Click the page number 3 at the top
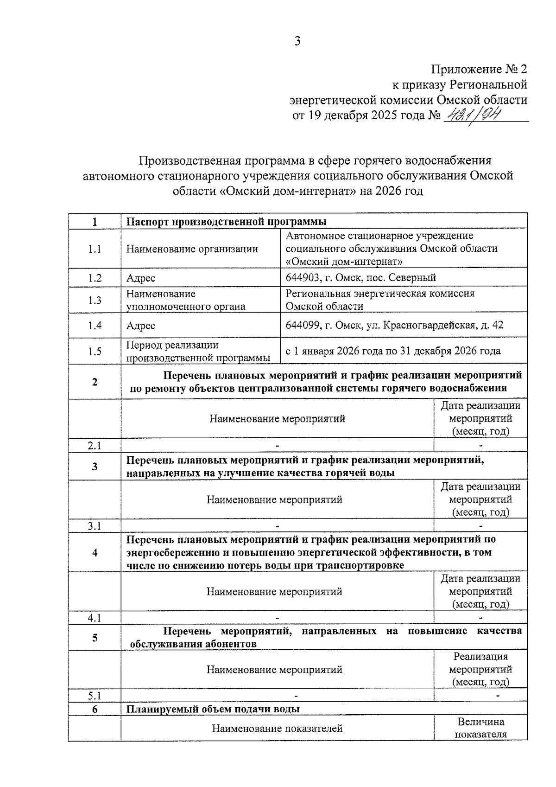(x=297, y=41)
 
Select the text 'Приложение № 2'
(x=479, y=70)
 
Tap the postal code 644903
(x=303, y=278)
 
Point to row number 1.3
(x=95, y=300)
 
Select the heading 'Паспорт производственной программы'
(x=227, y=221)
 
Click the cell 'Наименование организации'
(x=192, y=249)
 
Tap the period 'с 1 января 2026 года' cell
(x=393, y=351)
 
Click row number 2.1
(x=95, y=446)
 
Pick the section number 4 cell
(x=95, y=552)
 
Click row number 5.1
(x=95, y=696)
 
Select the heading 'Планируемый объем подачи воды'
(x=213, y=709)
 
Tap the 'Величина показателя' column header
(x=480, y=728)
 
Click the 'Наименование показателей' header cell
(x=277, y=728)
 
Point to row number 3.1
(x=95, y=526)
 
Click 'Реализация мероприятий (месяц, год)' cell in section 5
(x=480, y=669)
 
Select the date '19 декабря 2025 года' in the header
(x=366, y=115)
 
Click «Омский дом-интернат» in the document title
(x=286, y=191)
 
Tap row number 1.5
(x=95, y=351)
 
